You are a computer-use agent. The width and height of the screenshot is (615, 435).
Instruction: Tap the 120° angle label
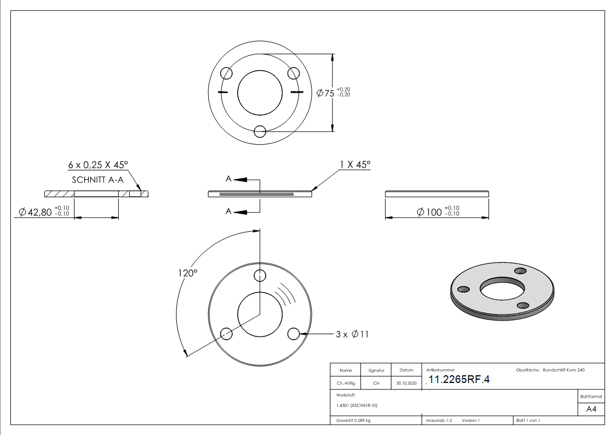187,272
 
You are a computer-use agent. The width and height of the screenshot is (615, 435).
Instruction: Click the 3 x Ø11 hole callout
352,334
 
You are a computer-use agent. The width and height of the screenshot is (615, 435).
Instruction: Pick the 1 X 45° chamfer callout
355,164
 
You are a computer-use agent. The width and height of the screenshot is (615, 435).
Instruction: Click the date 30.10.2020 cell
406,384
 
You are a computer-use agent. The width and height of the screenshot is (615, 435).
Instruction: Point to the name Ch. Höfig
346,384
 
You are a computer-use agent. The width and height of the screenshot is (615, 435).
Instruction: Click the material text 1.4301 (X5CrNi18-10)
357,405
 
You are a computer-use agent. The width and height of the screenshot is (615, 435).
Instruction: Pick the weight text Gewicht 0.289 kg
354,421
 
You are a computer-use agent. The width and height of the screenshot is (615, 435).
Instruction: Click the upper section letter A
228,179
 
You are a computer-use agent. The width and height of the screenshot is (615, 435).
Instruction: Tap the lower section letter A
228,211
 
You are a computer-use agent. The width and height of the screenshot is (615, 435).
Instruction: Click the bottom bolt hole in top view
260,131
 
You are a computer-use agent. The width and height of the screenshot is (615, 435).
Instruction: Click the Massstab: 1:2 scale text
439,421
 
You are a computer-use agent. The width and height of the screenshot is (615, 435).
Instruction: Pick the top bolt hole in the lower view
260,274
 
